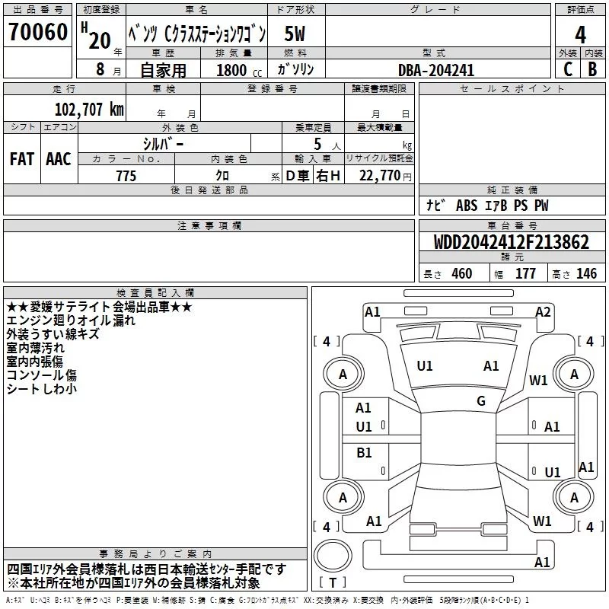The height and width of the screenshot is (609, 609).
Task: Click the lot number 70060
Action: [x=37, y=33]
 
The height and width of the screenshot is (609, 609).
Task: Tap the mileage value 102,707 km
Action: [x=89, y=109]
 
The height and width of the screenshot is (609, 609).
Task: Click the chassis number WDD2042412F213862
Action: [x=511, y=243]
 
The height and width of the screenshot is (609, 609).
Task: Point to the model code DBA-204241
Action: [x=436, y=69]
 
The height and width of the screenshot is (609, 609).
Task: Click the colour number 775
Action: [x=126, y=176]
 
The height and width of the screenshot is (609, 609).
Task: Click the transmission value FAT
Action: [x=21, y=159]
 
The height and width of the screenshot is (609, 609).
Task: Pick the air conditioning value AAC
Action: [x=59, y=159]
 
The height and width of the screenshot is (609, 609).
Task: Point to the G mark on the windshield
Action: [x=480, y=401]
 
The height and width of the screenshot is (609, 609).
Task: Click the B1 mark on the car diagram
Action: [x=364, y=453]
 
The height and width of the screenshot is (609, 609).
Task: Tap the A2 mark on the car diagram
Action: [x=543, y=311]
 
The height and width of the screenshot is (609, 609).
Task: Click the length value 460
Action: [x=461, y=274]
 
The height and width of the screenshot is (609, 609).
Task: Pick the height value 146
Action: [x=586, y=274]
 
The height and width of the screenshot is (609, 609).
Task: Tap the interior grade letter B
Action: [x=592, y=69]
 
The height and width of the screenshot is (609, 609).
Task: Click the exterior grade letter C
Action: [x=567, y=69]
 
